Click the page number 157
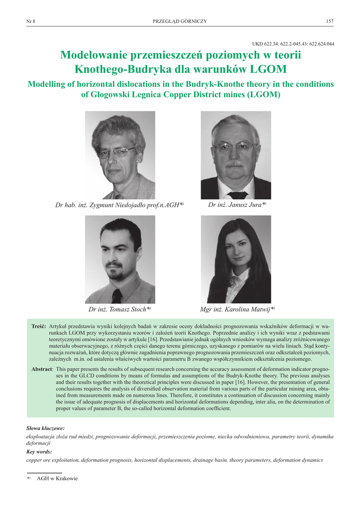click(x=329, y=21)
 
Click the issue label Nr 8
click(x=30, y=21)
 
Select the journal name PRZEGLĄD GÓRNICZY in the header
click(x=180, y=21)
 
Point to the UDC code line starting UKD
click(x=295, y=44)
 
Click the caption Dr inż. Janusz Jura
click(x=237, y=204)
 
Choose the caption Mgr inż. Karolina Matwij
click(x=237, y=309)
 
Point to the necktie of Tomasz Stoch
click(x=117, y=296)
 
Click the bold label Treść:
click(x=39, y=326)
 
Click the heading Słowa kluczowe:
click(x=45, y=428)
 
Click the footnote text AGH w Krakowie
click(x=57, y=479)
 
